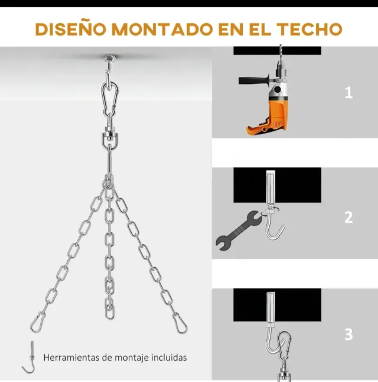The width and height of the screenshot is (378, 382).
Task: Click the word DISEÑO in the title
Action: tap(71, 29)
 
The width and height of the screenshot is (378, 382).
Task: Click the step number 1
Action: tap(349, 93)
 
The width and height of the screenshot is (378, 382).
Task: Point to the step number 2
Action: tap(348, 217)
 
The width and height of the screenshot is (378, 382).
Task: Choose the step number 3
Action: tap(348, 334)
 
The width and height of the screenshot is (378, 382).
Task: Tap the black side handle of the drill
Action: tap(254, 80)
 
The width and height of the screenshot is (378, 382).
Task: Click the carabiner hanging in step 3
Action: tap(284, 344)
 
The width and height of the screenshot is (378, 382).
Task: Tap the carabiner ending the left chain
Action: tap(38, 322)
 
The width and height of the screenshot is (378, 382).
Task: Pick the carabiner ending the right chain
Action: tap(180, 323)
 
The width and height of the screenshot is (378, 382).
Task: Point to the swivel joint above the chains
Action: tap(109, 137)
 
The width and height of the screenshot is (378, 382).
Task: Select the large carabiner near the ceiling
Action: tap(110, 96)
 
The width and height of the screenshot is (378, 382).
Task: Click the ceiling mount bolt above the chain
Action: tap(109, 59)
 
